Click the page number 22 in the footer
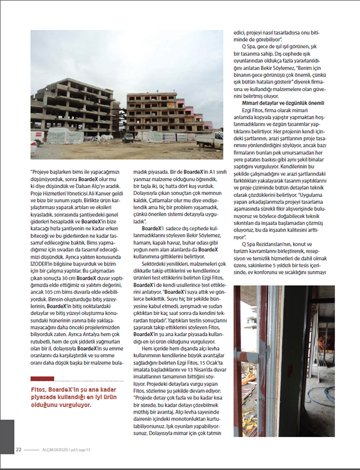[x=19, y=450]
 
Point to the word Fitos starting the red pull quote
[x=39, y=372]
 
